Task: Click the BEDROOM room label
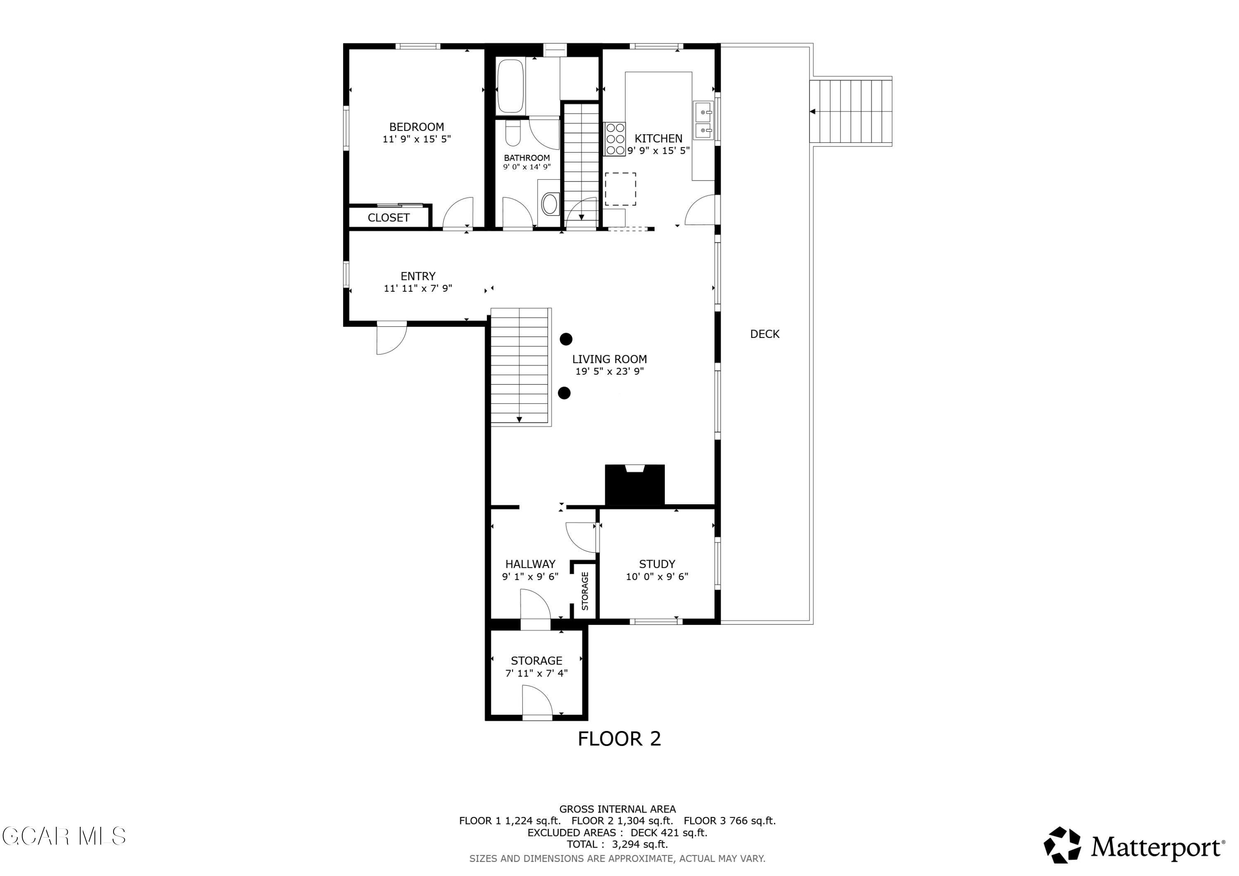[417, 127]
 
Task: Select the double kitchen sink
[703, 120]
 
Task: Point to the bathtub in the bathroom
[510, 86]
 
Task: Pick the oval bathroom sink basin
[550, 204]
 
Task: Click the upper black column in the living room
[565, 339]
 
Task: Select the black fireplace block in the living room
[635, 485]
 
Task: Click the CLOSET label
[389, 218]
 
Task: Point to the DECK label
[764, 334]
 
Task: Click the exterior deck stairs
[851, 112]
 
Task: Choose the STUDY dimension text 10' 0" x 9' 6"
[657, 577]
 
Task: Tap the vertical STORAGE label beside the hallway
[585, 591]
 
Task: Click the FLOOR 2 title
[619, 738]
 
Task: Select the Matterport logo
[1133, 846]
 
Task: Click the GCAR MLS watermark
[64, 836]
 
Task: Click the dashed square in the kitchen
[620, 189]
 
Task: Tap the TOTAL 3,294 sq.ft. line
[617, 844]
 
